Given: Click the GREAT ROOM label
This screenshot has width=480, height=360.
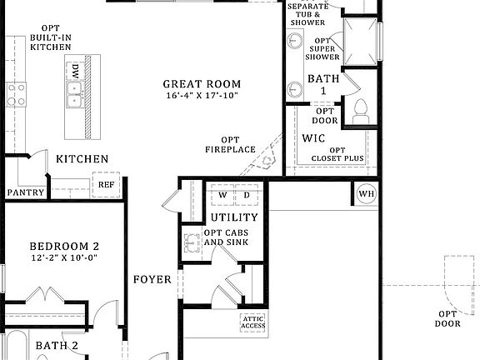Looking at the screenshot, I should click(x=202, y=83).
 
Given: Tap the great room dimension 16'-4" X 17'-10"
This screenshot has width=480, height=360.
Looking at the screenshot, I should click(x=202, y=96).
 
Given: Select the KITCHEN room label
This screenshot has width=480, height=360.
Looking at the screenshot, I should click(x=82, y=158).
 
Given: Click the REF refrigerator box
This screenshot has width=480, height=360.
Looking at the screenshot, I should click(x=107, y=185).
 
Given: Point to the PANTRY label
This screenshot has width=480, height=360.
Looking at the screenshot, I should click(x=25, y=192).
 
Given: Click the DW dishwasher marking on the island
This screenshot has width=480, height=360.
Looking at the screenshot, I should click(x=75, y=71).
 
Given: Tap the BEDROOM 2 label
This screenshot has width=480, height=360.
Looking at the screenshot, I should click(x=64, y=246).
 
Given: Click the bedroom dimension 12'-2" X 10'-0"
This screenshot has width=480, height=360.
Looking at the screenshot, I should click(x=64, y=258).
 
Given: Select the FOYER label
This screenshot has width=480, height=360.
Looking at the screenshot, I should click(x=152, y=279).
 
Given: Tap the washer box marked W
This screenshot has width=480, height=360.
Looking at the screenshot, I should click(x=222, y=195).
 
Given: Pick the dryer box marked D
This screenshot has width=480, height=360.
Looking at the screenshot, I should click(x=247, y=195).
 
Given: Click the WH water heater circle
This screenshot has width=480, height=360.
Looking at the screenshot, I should click(x=367, y=194).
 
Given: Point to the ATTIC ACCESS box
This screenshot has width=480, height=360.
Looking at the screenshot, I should click(x=252, y=322).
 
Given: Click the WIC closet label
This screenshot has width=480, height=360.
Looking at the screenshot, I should click(x=313, y=137).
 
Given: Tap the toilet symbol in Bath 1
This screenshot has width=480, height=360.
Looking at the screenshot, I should click(x=361, y=110).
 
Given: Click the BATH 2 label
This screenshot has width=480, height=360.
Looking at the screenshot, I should click(x=57, y=345).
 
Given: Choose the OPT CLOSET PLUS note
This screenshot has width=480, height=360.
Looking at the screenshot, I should click(x=337, y=154).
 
